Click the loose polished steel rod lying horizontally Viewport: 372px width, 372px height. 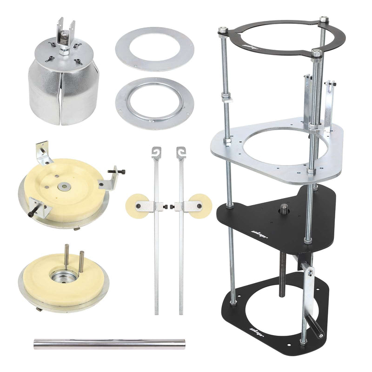tap(109, 344)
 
